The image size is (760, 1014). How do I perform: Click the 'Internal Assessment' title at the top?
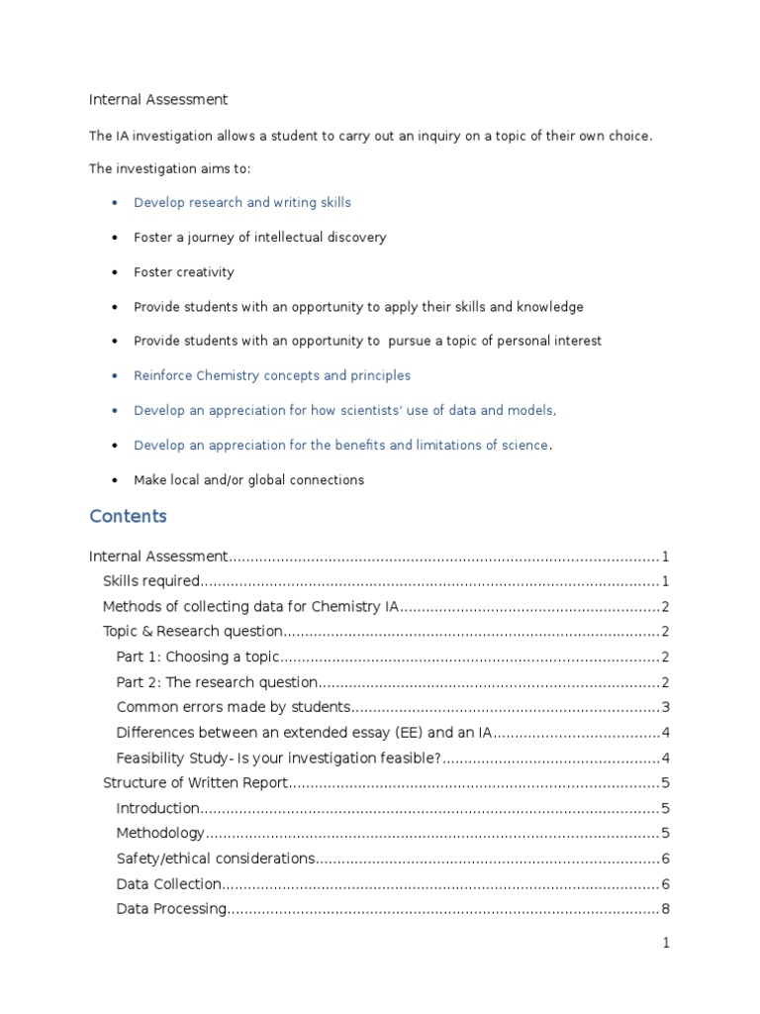(x=158, y=99)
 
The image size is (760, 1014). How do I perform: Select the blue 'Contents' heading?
(x=128, y=516)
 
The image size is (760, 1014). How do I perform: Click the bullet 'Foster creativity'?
(x=184, y=271)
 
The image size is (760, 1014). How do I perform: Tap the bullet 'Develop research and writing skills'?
(x=242, y=202)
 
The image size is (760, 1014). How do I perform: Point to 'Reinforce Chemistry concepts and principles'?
(x=272, y=375)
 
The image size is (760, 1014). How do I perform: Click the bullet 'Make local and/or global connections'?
(x=248, y=479)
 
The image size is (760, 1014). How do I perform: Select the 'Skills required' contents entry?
(x=152, y=581)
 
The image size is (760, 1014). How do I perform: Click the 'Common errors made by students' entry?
(x=234, y=707)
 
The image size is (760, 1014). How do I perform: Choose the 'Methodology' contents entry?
(x=161, y=834)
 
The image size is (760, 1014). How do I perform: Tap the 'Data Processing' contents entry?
(x=171, y=909)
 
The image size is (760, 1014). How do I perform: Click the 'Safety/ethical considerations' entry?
(x=216, y=859)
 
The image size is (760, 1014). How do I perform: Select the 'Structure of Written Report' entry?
(x=195, y=783)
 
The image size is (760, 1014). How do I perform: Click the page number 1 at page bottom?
(x=666, y=944)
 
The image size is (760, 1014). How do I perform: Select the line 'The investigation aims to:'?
(x=170, y=169)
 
